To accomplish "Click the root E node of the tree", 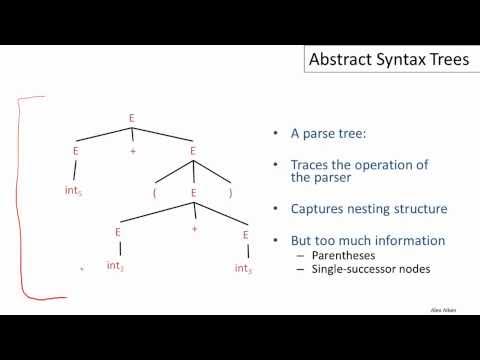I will pos(131,118).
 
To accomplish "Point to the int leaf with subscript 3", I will pos(243,268).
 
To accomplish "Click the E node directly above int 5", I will pos(76,151).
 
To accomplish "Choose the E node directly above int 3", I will pos(244,234).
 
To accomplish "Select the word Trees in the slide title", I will pos(440,62).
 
